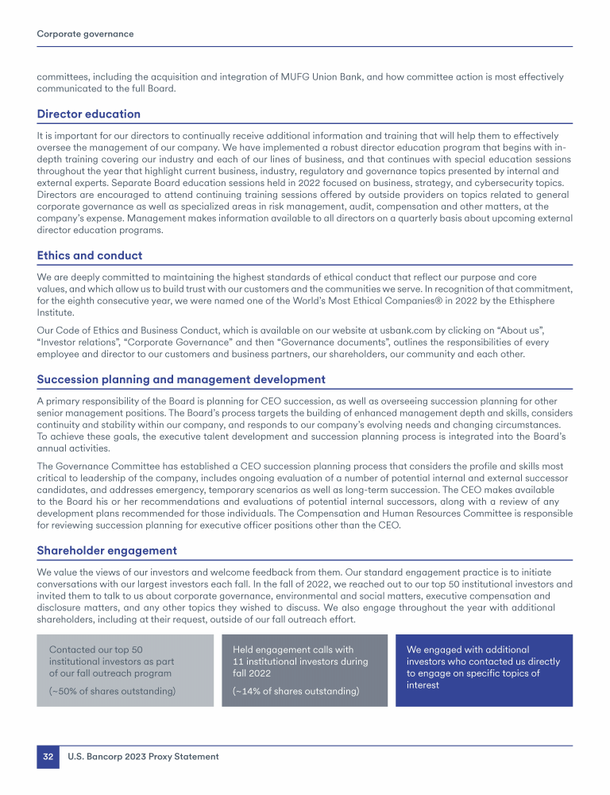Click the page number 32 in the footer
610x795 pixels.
tap(48, 757)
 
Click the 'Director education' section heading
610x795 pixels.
tap(89, 114)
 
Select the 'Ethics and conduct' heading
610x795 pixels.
tap(89, 256)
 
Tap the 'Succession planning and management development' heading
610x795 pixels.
tap(181, 380)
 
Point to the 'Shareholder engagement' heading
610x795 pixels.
tap(107, 551)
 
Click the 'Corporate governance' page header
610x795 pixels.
tap(85, 34)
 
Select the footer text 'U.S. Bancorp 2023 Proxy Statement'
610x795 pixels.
tap(143, 757)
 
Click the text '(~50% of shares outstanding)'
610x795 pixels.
tap(112, 691)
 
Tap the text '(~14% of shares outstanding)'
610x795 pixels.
tap(295, 692)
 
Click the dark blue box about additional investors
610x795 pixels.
tap(484, 670)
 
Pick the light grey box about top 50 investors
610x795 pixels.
tap(125, 670)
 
